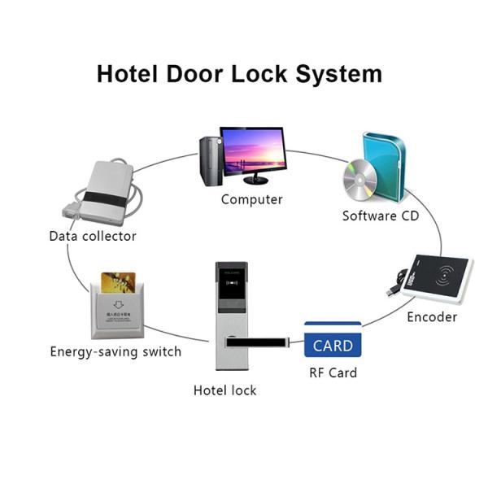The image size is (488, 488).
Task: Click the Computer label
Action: [252, 199]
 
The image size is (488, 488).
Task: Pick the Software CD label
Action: [381, 216]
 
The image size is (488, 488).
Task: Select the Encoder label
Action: [432, 317]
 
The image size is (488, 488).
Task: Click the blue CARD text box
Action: [332, 345]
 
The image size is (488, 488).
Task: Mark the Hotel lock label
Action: [224, 390]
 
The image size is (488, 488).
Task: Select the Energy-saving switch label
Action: [115, 352]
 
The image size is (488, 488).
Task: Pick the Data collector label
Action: [93, 237]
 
